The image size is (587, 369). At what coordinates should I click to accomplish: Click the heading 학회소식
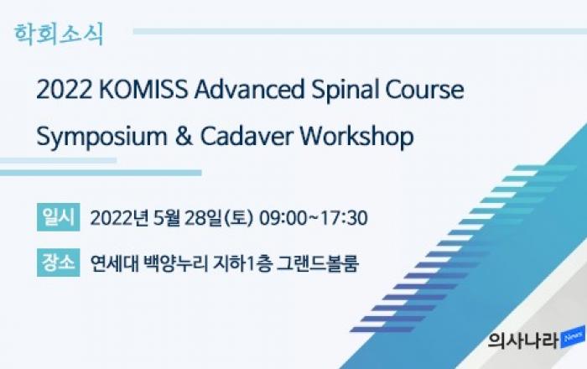pos(59,34)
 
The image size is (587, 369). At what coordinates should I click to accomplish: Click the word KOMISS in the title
pos(143,90)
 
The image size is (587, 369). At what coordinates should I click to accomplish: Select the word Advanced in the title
pos(249,90)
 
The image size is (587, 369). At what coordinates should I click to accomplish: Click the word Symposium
pos(101,137)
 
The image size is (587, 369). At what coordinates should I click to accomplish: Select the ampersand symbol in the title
pos(183,136)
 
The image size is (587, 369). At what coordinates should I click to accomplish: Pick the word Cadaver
pos(247,136)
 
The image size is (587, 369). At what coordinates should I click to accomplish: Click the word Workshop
pos(356,137)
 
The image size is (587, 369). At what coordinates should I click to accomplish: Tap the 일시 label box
pos(59,217)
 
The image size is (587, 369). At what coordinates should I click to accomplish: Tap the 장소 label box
pos(59,262)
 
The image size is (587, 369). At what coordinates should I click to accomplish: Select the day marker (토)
pos(238,218)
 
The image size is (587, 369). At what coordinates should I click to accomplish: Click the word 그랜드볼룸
pos(318,263)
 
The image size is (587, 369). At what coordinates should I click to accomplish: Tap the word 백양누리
pos(175,263)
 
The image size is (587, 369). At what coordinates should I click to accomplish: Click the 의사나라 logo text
pos(523,340)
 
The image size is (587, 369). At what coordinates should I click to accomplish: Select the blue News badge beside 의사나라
pos(573,337)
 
